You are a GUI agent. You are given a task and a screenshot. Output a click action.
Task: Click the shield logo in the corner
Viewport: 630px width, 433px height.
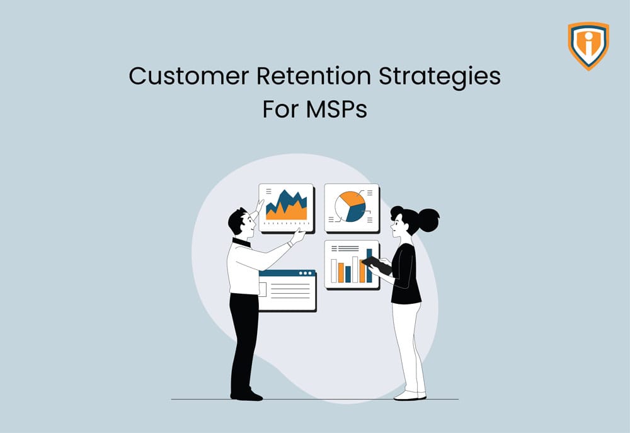[588, 45]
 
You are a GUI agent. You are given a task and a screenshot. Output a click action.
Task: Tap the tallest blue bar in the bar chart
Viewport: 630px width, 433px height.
[369, 265]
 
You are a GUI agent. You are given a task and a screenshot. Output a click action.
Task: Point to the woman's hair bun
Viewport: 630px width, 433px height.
[428, 219]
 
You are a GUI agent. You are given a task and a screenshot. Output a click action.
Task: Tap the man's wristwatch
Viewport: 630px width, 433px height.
[291, 242]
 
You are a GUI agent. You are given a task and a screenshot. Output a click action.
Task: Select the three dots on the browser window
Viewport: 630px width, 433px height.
[306, 274]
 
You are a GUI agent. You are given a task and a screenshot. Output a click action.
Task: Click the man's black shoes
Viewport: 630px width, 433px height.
[246, 395]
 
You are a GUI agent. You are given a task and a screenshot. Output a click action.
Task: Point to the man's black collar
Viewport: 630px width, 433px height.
[241, 242]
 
